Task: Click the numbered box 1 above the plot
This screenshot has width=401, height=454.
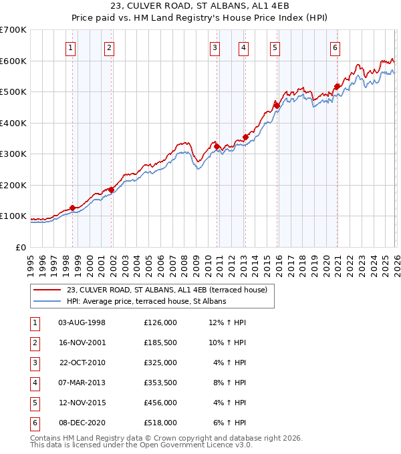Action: pos(70,47)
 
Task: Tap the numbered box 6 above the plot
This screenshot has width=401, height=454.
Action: pos(334,47)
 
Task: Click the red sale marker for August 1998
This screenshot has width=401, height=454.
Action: pos(72,208)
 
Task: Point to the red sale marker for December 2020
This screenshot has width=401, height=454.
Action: pos(337,86)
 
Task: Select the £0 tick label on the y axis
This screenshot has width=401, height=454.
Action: pos(20,247)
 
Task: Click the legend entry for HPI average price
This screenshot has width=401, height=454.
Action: pos(146,301)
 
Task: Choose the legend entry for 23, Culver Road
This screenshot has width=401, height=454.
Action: pos(166,290)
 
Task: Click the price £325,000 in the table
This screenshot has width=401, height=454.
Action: pos(160,363)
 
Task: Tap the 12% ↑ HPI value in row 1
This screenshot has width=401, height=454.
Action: pos(227,322)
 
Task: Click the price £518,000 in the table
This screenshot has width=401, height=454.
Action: pos(160,423)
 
